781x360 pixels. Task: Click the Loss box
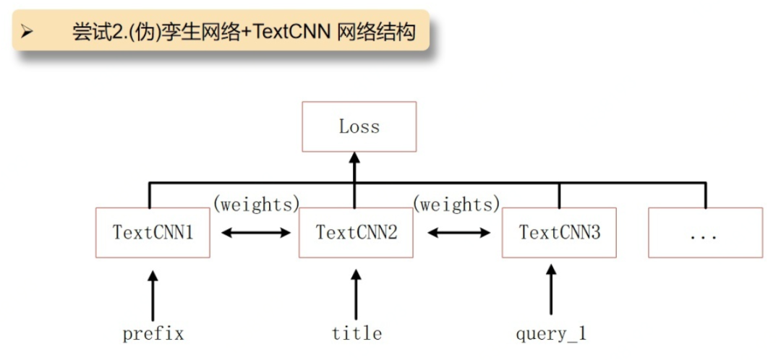pos(359,127)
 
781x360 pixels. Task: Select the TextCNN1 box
pos(153,233)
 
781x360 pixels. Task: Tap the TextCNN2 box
pos(356,233)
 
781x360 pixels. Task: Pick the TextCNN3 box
pos(559,233)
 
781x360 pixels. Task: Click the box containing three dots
pos(705,233)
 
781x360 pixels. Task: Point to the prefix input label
pos(153,334)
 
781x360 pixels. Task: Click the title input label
pos(357,333)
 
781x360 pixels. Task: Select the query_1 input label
pos(551,334)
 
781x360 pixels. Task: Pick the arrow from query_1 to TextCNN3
pos(550,289)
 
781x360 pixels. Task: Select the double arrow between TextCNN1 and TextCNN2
pos(255,232)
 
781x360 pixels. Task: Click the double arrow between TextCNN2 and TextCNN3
pos(458,232)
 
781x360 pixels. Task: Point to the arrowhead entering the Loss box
pos(354,159)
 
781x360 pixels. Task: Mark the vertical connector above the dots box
pos(705,195)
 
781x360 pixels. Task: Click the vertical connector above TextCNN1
pos(150,195)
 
